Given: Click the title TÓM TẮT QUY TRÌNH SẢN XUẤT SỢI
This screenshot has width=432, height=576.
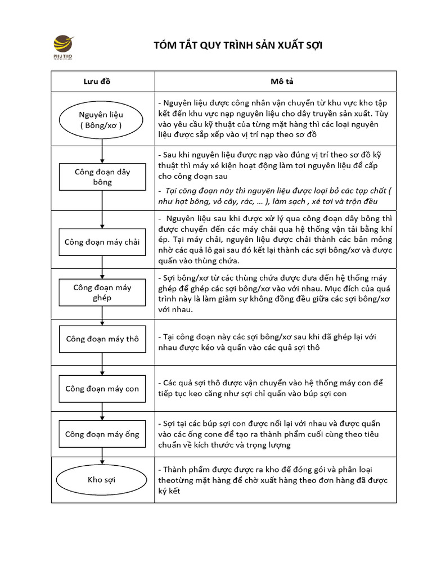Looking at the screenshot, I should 238,46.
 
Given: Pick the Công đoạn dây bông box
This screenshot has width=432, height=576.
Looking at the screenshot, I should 102,177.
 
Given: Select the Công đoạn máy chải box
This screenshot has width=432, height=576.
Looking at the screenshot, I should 102,242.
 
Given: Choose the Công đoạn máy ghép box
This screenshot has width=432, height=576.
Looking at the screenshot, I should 102,292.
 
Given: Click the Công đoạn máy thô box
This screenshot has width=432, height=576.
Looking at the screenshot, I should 102,339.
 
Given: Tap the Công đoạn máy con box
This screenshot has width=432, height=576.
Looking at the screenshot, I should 102,389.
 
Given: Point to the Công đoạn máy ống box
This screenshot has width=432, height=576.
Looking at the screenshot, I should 102,434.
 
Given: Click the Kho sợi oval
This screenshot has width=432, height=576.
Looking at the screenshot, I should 102,480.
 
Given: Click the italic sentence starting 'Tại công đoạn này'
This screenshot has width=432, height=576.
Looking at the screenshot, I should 274,196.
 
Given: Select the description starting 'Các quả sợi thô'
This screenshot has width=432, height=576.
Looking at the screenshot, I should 271,388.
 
